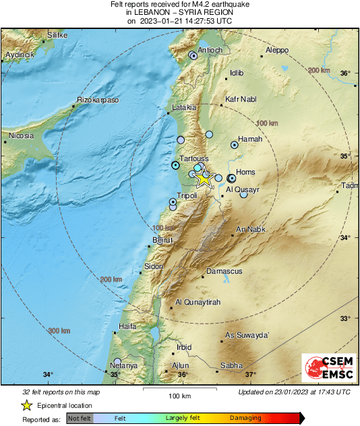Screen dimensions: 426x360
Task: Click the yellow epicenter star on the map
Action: pos(204,179)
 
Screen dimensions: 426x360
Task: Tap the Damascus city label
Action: pos(224,271)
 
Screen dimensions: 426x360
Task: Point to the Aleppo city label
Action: pos(277,50)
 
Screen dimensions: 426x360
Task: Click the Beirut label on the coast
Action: pos(163,240)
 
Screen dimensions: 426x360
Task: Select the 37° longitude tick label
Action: pos(250,375)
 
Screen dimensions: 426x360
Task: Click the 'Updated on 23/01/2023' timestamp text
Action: pos(294,392)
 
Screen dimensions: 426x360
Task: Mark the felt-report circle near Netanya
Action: pos(118,361)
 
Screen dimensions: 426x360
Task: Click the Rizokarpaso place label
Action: pos(98,100)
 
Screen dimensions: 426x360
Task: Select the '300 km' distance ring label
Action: pos(59,330)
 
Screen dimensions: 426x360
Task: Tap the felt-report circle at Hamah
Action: pos(235,144)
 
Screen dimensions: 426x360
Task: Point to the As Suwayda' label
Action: pos(247,335)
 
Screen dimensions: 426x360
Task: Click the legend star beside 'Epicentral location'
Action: pos(26,405)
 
